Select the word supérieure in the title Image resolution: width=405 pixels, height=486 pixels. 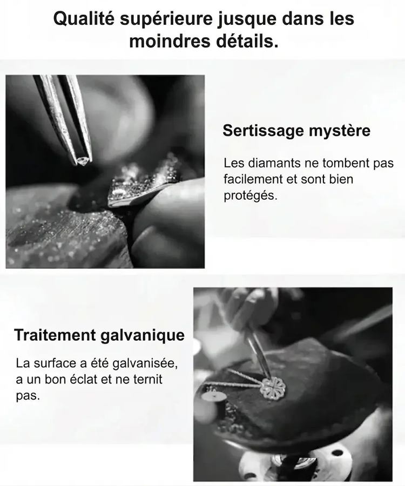point(166,19)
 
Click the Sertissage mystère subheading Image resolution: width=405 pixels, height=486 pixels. point(296,131)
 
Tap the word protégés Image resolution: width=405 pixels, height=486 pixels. point(251,196)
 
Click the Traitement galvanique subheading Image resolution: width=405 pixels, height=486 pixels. point(99,335)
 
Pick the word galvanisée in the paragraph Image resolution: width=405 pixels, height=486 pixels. point(145,363)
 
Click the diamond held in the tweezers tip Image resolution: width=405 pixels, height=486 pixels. point(83,160)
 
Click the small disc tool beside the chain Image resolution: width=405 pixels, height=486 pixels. point(213,397)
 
